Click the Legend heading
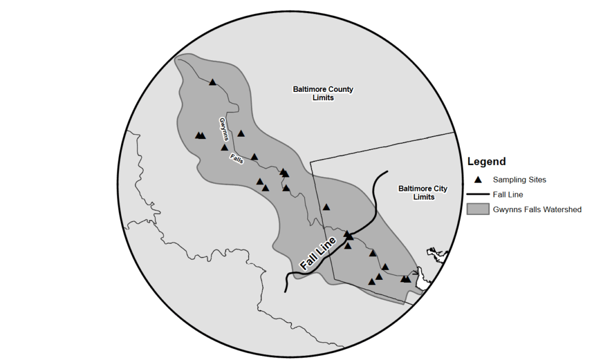click(x=486, y=161)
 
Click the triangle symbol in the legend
click(x=478, y=179)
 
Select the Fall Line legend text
click(x=508, y=194)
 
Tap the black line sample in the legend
click(x=478, y=194)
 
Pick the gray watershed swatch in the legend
click(x=478, y=209)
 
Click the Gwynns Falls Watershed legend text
click(x=537, y=209)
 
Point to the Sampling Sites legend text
click(x=521, y=179)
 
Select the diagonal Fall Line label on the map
click(x=318, y=253)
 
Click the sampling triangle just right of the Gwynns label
click(x=241, y=134)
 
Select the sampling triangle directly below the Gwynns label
click(x=224, y=147)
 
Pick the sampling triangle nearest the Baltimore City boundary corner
click(x=326, y=207)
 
